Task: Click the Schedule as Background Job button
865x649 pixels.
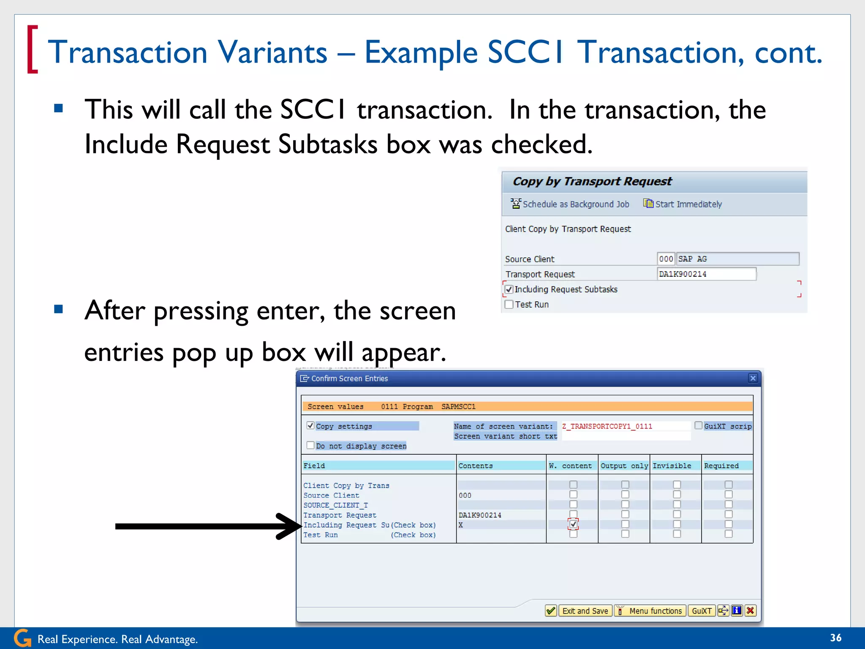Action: pyautogui.click(x=570, y=204)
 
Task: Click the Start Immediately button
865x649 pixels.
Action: pyautogui.click(x=683, y=204)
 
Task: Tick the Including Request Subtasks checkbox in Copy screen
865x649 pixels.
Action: pyautogui.click(x=509, y=289)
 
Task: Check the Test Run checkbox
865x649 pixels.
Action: pyautogui.click(x=509, y=305)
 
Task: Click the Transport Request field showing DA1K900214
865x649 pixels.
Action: pyautogui.click(x=706, y=274)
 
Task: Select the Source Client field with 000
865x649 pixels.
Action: pyautogui.click(x=666, y=259)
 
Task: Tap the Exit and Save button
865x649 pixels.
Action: pyautogui.click(x=585, y=611)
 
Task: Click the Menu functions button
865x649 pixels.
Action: pyautogui.click(x=650, y=611)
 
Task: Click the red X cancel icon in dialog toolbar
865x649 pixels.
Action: pyautogui.click(x=750, y=611)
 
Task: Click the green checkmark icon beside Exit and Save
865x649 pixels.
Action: pyautogui.click(x=551, y=611)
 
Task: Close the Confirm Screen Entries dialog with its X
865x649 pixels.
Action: pyautogui.click(x=753, y=378)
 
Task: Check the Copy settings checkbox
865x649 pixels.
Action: pyautogui.click(x=310, y=425)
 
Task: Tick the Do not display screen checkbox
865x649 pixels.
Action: pyautogui.click(x=310, y=445)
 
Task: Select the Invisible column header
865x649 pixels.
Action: pyautogui.click(x=672, y=466)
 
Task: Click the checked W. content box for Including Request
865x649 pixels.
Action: pyautogui.click(x=573, y=524)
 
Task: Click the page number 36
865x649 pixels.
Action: pyautogui.click(x=835, y=638)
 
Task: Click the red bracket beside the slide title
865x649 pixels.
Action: pyautogui.click(x=32, y=49)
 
